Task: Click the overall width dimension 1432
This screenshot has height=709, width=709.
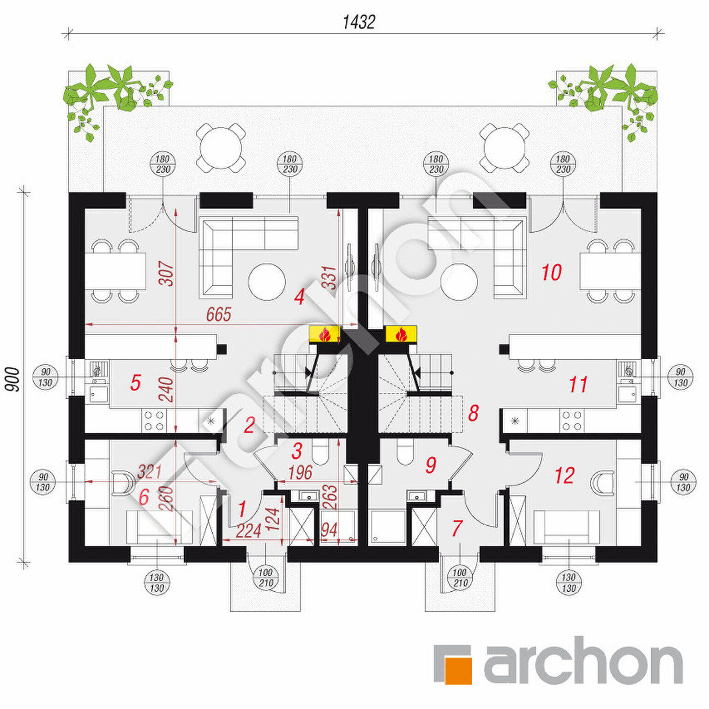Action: (359, 22)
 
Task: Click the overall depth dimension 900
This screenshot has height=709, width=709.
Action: (13, 379)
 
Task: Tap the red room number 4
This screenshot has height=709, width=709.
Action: (299, 297)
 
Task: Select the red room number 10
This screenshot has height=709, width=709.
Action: (552, 272)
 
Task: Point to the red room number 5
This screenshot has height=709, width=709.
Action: (135, 383)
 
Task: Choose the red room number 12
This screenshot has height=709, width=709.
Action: (565, 475)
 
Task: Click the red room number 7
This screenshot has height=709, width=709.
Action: (457, 528)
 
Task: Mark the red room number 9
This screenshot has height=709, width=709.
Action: (431, 465)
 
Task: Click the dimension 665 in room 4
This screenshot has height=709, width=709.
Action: (218, 315)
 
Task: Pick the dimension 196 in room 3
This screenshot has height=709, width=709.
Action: (300, 472)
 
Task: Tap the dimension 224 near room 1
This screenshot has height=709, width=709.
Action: (248, 531)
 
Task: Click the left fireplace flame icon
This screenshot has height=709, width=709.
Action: (325, 334)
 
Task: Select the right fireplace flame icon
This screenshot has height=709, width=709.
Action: (401, 334)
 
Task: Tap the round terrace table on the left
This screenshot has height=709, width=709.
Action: (221, 148)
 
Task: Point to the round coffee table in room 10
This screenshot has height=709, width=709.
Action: (459, 282)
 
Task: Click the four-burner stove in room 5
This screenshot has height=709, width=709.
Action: (154, 420)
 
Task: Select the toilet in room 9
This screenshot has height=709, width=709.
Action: (406, 451)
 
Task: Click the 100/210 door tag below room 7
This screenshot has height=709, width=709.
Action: (459, 577)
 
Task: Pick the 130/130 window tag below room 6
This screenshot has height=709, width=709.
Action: (157, 583)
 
